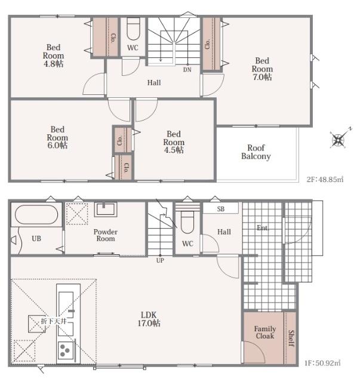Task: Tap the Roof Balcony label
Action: pyautogui.click(x=256, y=152)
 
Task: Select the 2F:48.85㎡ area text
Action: pyautogui.click(x=325, y=180)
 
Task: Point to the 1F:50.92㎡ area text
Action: pyautogui.click(x=322, y=363)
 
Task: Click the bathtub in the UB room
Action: pyautogui.click(x=36, y=214)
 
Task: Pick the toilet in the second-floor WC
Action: pyautogui.click(x=133, y=29)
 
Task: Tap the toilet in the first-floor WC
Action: pyautogui.click(x=187, y=221)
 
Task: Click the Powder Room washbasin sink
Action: pyautogui.click(x=106, y=210)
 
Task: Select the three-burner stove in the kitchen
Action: pyautogui.click(x=66, y=350)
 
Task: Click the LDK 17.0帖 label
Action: pyautogui.click(x=149, y=319)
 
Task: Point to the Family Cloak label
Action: pyautogui.click(x=265, y=332)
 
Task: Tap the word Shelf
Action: pyautogui.click(x=291, y=338)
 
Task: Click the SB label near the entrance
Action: pyautogui.click(x=221, y=209)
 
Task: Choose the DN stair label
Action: pyautogui.click(x=187, y=70)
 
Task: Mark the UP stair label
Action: pyautogui.click(x=160, y=260)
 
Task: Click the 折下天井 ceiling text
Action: pyautogui.click(x=54, y=321)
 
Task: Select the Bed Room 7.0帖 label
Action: pyautogui.click(x=262, y=69)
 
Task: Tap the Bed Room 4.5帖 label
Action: pyautogui.click(x=174, y=142)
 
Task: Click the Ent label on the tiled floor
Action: pyautogui.click(x=262, y=228)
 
